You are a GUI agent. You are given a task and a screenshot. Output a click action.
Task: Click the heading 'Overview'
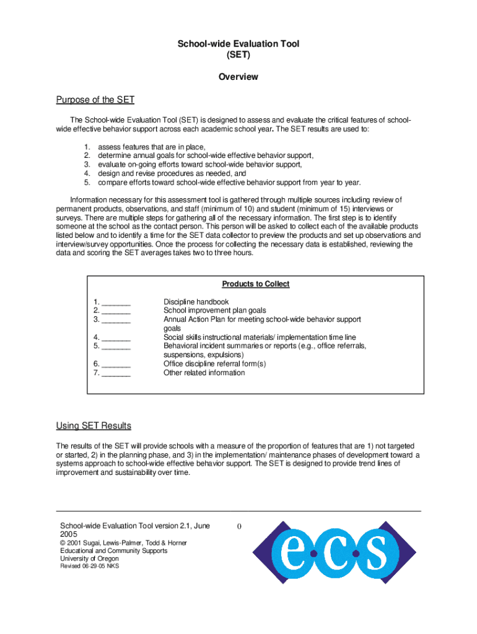point(239,77)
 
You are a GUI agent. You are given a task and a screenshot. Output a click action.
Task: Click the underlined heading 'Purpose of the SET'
point(95,100)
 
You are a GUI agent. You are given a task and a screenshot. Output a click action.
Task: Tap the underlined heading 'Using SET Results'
point(94,426)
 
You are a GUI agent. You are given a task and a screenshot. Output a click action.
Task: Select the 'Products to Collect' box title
point(256,284)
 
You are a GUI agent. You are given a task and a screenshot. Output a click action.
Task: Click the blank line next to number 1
point(116,303)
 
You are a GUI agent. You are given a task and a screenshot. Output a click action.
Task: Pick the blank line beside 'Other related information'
point(116,373)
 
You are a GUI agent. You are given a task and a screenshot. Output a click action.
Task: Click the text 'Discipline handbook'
point(196,302)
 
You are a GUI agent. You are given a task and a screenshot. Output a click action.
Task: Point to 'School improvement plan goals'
point(214,311)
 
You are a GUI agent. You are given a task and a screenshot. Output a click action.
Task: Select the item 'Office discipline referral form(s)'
point(214,364)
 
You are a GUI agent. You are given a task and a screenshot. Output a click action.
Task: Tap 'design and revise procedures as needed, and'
point(167,174)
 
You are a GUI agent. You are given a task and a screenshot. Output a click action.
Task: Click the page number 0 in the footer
point(239,527)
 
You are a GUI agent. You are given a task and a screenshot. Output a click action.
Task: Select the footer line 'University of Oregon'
point(89,558)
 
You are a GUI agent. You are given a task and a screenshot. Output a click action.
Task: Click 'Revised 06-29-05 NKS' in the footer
point(89,567)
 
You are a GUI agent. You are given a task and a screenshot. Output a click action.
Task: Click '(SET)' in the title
point(239,54)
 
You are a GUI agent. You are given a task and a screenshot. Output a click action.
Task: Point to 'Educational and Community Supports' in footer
point(113,550)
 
